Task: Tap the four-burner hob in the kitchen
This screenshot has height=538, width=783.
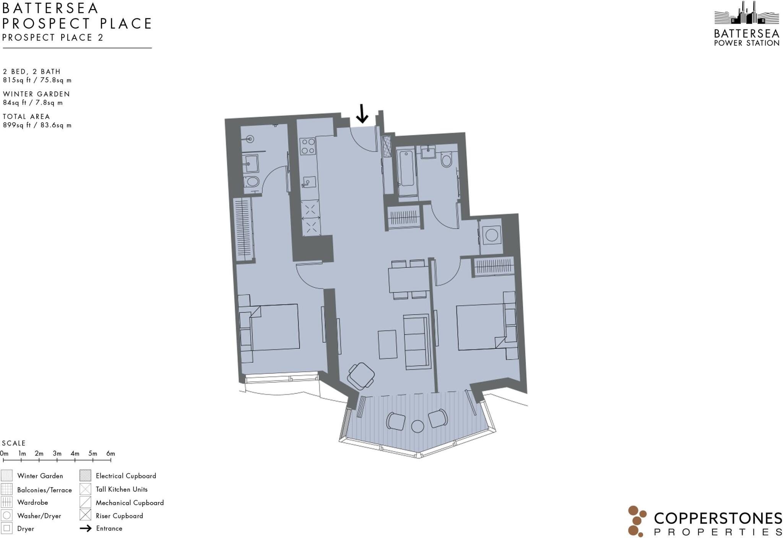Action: tap(308, 146)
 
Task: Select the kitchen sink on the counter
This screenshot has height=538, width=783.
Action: tap(308, 182)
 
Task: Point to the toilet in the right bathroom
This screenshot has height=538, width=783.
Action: tap(446, 160)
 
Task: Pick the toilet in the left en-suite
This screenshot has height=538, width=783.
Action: tap(252, 181)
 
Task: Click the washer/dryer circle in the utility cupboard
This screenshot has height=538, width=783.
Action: tap(491, 235)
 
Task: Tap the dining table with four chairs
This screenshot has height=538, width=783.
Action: tap(409, 279)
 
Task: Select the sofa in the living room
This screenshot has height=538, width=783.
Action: tap(417, 342)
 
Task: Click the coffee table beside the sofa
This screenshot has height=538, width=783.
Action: tap(387, 344)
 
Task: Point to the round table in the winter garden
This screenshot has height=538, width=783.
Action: tap(417, 426)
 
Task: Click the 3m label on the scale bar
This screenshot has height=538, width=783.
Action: tap(57, 454)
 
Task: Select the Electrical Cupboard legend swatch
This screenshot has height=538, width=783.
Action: tap(85, 476)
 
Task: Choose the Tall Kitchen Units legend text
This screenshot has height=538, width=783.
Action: tap(122, 489)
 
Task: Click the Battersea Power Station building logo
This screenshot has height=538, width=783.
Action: tap(746, 15)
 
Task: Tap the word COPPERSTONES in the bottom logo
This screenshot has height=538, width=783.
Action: tap(718, 519)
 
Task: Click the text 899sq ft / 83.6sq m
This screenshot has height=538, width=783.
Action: tap(37, 125)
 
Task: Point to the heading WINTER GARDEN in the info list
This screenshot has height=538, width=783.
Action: tap(36, 94)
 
